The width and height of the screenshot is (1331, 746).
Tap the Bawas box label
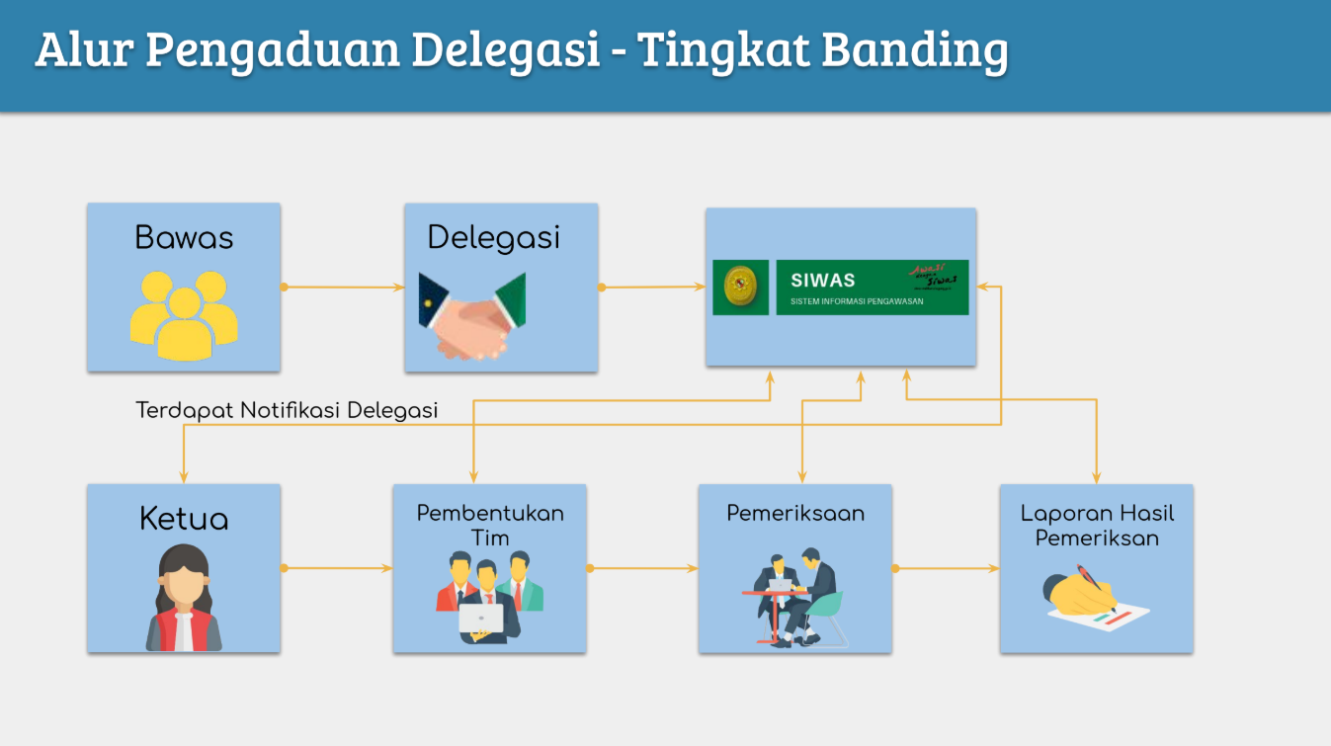tap(184, 238)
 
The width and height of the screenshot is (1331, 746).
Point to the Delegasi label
tap(493, 238)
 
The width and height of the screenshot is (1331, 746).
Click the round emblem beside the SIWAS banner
tap(740, 287)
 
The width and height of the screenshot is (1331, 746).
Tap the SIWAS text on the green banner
tap(823, 281)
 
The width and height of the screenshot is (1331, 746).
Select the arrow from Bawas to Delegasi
tap(343, 288)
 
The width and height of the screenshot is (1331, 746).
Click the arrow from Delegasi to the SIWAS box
tap(652, 288)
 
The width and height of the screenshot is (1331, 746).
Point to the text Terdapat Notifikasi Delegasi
tap(287, 410)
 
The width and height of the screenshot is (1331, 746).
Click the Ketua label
tap(184, 520)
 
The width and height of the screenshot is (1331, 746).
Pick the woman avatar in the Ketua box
tap(184, 598)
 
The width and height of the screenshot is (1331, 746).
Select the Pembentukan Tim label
tap(490, 526)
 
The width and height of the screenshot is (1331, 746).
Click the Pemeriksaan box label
tap(795, 514)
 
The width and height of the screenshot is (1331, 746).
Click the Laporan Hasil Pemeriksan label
tap(1097, 526)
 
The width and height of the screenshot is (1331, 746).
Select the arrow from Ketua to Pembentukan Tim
tap(337, 568)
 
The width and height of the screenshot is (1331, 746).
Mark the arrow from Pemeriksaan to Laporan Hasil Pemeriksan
tap(947, 568)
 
